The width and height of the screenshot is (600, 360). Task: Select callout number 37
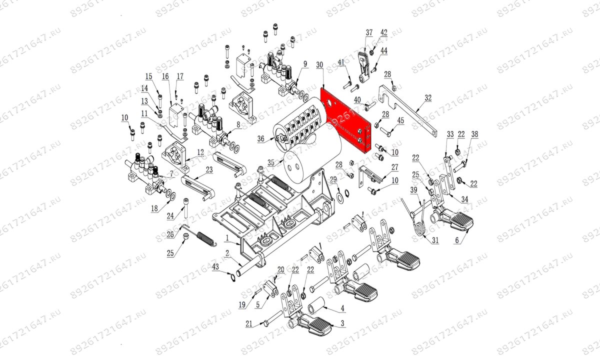pyautogui.click(x=369, y=33)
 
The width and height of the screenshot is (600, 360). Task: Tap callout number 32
pyautogui.click(x=427, y=98)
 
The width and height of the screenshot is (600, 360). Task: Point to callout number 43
pyautogui.click(x=215, y=267)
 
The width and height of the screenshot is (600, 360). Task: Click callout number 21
pyautogui.click(x=249, y=324)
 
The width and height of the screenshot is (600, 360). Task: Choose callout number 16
pyautogui.click(x=165, y=76)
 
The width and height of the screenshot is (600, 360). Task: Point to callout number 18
pyautogui.click(x=154, y=208)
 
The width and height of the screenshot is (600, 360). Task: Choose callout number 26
pyautogui.click(x=170, y=234)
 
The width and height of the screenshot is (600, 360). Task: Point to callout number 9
pyautogui.click(x=304, y=64)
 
